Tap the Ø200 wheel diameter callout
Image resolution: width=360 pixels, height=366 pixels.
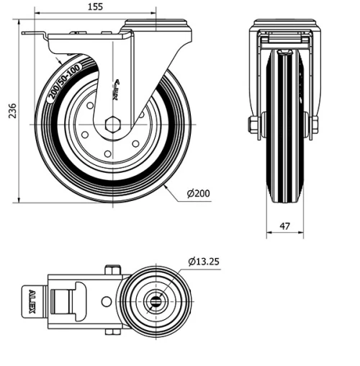[x=198, y=194]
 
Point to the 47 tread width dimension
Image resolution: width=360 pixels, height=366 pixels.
[x=284, y=226]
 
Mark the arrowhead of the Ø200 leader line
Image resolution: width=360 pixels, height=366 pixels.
[x=165, y=185]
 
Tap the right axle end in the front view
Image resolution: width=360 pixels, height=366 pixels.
[x=314, y=126]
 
